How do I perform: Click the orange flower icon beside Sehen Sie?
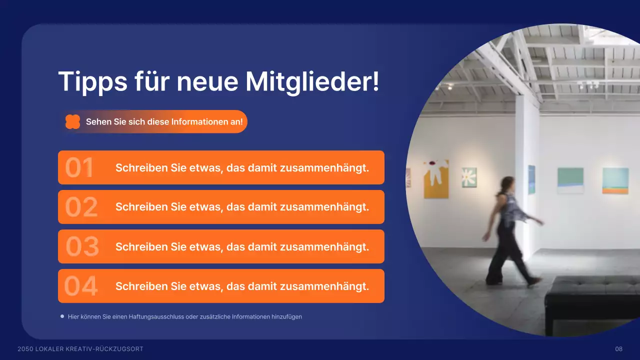(73, 122)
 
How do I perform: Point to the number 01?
(79, 168)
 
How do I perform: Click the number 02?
(81, 207)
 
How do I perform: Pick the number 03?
(82, 247)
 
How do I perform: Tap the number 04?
(81, 286)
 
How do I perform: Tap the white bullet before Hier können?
(62, 316)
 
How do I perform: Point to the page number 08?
(618, 349)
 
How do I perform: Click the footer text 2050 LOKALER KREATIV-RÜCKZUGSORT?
(80, 349)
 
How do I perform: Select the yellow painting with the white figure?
(436, 179)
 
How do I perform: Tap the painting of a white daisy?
(469, 177)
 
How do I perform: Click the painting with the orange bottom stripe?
(615, 180)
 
